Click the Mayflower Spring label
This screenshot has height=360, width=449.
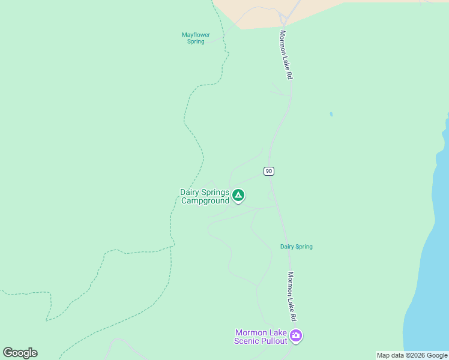coord(196,38)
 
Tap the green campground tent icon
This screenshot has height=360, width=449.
coord(238,195)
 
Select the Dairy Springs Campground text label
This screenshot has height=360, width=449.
coord(205,197)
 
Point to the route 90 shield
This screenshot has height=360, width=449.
coord(268,172)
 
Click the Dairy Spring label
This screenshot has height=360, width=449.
coord(297,247)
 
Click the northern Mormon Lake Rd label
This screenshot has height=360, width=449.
coord(286,55)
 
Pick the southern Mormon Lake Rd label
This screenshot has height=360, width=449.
coord(292,295)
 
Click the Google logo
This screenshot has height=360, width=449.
coord(20,353)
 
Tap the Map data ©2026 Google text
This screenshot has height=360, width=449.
coord(412,355)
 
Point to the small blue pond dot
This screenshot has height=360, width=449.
coord(331,114)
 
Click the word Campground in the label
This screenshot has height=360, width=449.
coord(205,201)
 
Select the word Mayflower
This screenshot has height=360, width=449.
coord(196,35)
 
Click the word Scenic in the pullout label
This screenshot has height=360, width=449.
coord(248,341)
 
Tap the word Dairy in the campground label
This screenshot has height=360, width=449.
coord(190,193)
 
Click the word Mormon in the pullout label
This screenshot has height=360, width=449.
coord(251,333)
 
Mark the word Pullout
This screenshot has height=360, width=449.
coord(274,341)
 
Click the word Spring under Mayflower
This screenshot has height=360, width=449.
coord(196,41)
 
